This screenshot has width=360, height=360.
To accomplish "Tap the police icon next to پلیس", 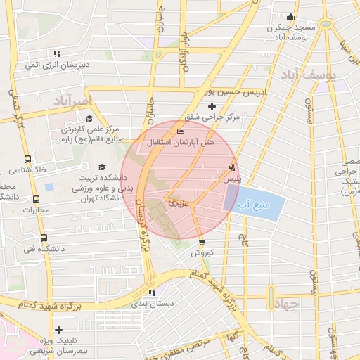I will point(232,167).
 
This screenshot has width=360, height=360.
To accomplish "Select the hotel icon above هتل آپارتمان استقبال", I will point(181,131).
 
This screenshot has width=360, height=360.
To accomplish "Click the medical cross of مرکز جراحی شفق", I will point(212,105).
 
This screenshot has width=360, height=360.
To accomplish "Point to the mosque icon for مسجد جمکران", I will point(291,17).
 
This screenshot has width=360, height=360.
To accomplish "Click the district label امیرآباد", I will point(72,102).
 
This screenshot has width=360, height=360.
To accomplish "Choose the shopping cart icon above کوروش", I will point(202,243).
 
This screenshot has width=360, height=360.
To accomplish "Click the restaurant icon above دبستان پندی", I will point(152,292).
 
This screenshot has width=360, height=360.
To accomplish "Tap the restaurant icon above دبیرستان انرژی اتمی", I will point(56,53).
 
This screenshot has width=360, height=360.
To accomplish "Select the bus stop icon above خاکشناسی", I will point(27,159).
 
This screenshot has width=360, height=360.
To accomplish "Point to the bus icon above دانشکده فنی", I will point(44,238).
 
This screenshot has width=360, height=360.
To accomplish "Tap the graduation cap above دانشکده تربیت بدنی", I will point(102,167).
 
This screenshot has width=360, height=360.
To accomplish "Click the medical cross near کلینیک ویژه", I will point(58,329).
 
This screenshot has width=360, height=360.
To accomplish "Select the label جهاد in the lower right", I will point(285,303).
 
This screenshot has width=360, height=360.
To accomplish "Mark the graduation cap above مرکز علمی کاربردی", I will point(89,118).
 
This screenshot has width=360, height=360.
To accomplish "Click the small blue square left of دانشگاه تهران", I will point(49,188).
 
